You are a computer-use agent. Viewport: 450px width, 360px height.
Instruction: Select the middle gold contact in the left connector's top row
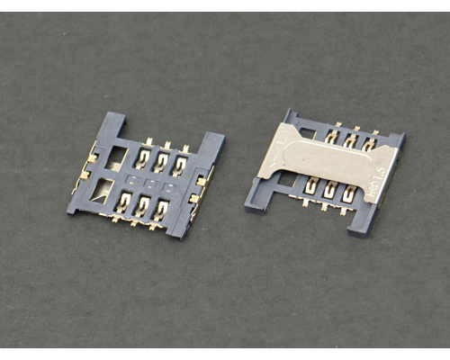coord(161,161)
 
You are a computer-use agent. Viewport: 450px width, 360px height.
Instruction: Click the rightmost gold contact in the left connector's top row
coord(181,166)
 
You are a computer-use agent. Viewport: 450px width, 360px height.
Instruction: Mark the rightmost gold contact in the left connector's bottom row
coord(162,210)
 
